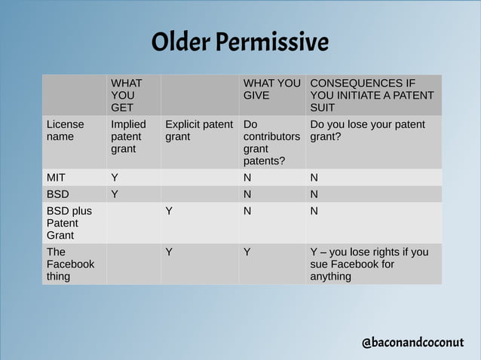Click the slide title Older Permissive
click(x=240, y=42)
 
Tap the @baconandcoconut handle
click(x=412, y=343)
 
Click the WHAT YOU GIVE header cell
click(x=271, y=89)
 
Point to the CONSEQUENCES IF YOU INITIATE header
click(x=372, y=95)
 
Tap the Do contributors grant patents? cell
click(x=271, y=142)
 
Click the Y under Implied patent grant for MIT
click(x=115, y=178)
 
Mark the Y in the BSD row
click(x=115, y=194)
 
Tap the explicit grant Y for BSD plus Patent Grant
click(x=169, y=211)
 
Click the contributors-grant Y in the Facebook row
click(x=247, y=252)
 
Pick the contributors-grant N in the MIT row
click(x=247, y=178)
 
